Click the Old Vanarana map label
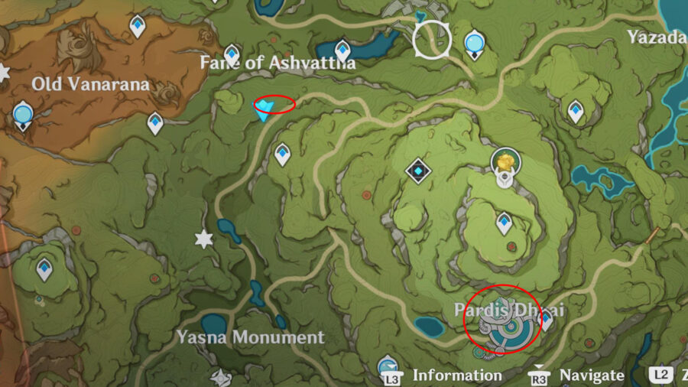point(91,83)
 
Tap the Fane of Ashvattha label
point(277,63)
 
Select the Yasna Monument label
point(251,337)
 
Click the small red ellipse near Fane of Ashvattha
point(274,104)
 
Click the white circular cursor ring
point(432,39)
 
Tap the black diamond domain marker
point(417,170)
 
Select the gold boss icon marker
point(505,161)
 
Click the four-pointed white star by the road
point(203,239)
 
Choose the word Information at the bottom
point(457,375)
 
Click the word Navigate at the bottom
point(592,375)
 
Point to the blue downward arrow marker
point(264,109)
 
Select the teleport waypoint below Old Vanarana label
point(155,122)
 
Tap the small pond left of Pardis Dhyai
point(430,327)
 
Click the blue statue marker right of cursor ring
point(475,43)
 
